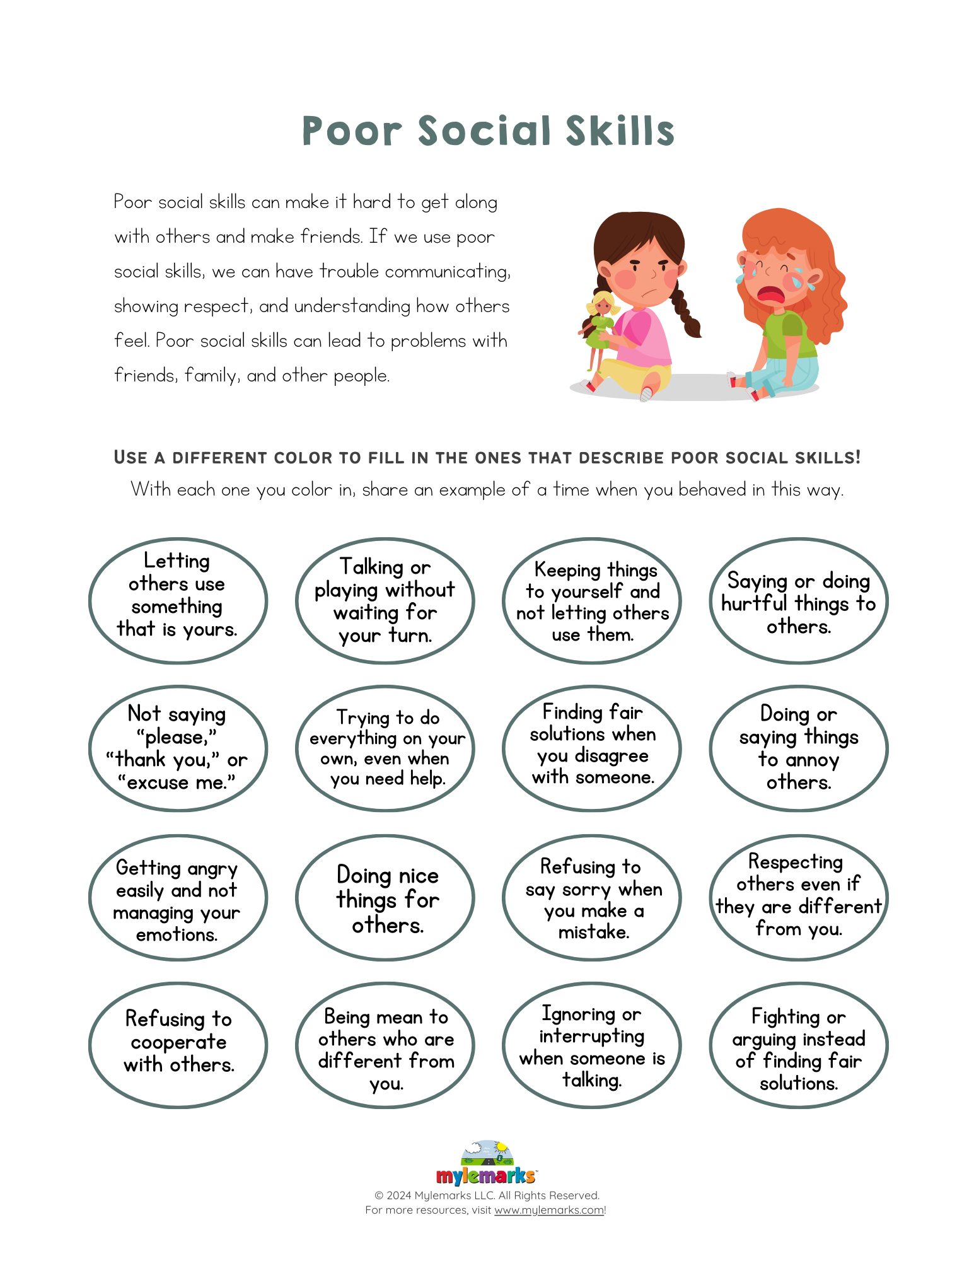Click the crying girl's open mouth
pos(770,295)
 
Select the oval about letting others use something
pos(178,601)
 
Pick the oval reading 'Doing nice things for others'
pos(385,898)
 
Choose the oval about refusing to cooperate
pos(178,1045)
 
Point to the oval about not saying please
pos(178,748)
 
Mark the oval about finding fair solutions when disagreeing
pos(591,748)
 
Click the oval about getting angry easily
pos(178,898)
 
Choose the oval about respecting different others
pos(798,898)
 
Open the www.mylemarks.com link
pos(549,1210)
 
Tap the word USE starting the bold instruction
pos(131,458)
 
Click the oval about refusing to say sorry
pos(591,898)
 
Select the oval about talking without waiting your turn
pos(385,601)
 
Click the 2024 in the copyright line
pos(399,1195)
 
